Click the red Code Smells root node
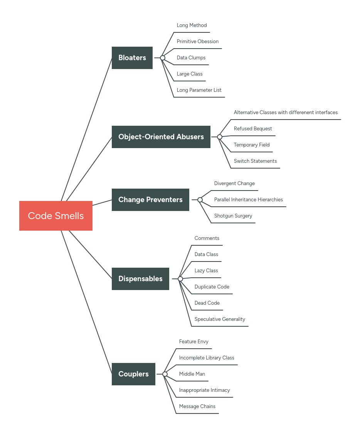click(x=56, y=216)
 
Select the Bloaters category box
click(x=132, y=58)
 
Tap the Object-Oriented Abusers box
click(x=161, y=137)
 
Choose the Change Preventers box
click(x=150, y=200)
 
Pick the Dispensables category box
click(x=140, y=279)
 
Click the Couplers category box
click(x=133, y=374)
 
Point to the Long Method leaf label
click(x=192, y=25)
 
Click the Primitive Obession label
click(x=197, y=42)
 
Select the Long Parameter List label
click(x=199, y=90)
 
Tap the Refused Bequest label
click(x=253, y=129)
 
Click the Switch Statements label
click(x=255, y=161)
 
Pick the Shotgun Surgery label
click(x=233, y=216)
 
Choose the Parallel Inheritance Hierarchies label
click(x=248, y=200)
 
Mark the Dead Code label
click(x=207, y=303)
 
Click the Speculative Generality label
click(x=220, y=319)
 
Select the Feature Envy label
click(x=193, y=342)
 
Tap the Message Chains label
click(x=197, y=407)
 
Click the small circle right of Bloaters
click(x=163, y=58)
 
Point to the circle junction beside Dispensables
click(x=180, y=279)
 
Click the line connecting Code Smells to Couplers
click(x=87, y=303)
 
